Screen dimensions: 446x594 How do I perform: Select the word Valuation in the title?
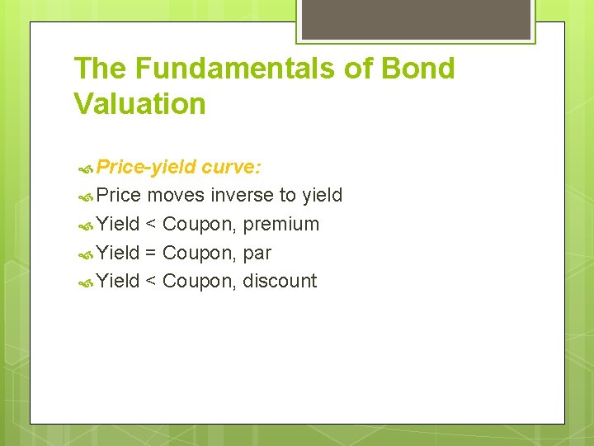coord(139,105)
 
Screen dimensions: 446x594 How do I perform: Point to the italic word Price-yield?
coord(146,168)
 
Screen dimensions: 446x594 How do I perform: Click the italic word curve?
coord(232,168)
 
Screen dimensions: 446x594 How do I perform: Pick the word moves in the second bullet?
coord(176,196)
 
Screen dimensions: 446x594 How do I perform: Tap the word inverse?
coord(243,196)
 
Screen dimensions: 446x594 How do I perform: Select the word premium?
coord(280,225)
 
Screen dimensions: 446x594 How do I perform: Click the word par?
coord(257,253)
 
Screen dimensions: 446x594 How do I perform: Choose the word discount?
coord(280,282)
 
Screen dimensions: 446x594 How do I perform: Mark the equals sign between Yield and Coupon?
coord(152,253)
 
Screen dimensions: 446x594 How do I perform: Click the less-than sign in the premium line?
coord(152,225)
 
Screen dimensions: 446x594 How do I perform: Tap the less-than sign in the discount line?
coord(152,282)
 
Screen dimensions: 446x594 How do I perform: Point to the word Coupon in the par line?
coord(199,253)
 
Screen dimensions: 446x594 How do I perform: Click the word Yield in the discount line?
coord(118,282)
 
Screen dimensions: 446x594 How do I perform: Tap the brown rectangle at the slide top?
coord(416,18)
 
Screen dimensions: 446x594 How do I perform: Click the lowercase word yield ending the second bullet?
coord(322,196)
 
